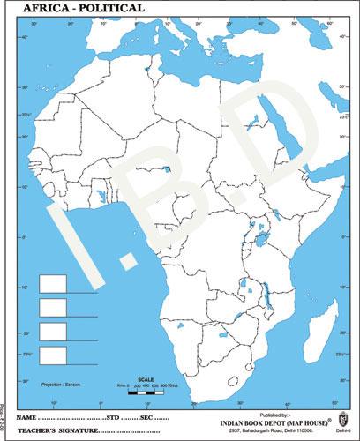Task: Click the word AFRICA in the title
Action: coord(27,7)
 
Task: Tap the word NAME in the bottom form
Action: coord(27,415)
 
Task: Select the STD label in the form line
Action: coord(114,415)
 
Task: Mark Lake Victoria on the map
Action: coord(263,237)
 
